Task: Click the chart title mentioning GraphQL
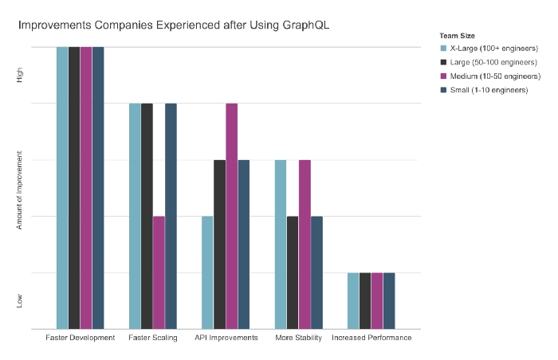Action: tap(174, 25)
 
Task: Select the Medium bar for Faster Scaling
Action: tap(159, 272)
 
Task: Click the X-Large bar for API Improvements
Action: tap(207, 272)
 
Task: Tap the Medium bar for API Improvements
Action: tap(231, 216)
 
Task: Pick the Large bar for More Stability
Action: tap(293, 272)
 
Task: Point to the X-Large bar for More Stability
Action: tap(281, 245)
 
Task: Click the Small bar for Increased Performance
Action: tap(389, 300)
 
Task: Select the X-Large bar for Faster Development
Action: tap(62, 188)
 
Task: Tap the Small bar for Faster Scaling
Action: tap(171, 216)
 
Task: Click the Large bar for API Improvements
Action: tap(219, 245)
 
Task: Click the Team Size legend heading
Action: tap(458, 35)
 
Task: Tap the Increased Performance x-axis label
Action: tap(371, 338)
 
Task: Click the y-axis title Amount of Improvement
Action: tap(20, 188)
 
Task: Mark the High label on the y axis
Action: tap(20, 76)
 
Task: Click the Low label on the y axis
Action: tap(20, 301)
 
